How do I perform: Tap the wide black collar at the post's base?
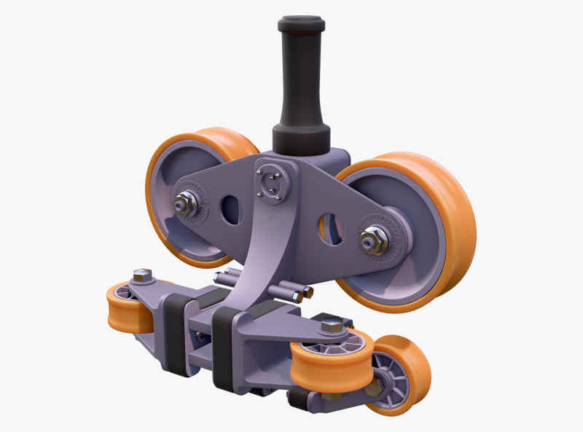pyautogui.click(x=301, y=137)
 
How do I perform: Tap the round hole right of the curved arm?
pyautogui.click(x=331, y=228)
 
